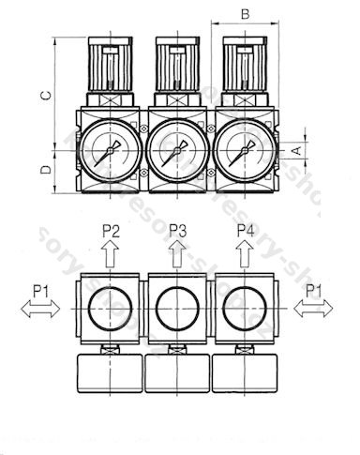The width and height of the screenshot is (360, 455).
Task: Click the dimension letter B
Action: [245, 13]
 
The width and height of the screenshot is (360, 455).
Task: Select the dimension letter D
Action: [43, 170]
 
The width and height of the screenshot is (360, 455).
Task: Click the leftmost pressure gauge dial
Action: [110, 149]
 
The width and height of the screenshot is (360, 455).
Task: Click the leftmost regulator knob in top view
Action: [110, 66]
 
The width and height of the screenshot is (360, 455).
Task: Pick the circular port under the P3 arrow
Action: [177, 307]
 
